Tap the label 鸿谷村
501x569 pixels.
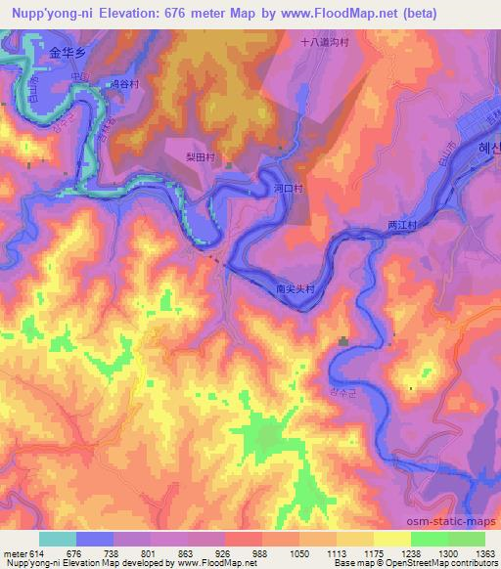[x=124, y=85]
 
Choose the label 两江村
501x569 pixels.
[x=402, y=224]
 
